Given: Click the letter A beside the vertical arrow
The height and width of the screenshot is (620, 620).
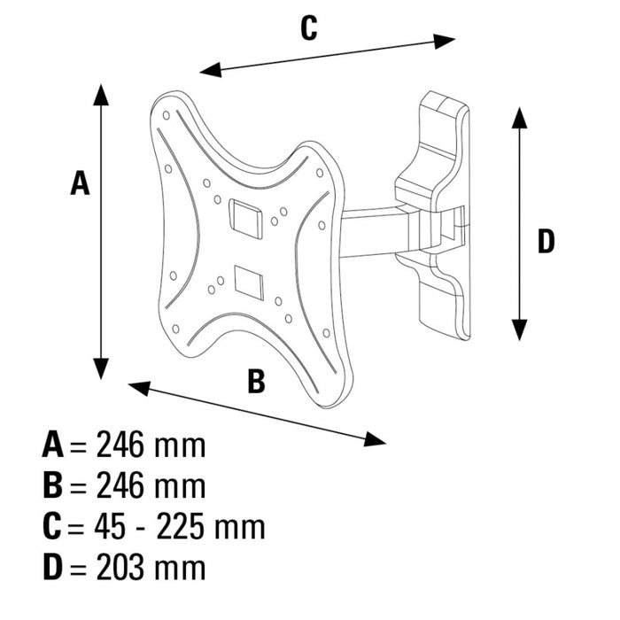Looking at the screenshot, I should [80, 183].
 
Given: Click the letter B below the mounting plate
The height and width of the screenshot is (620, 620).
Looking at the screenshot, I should [255, 382].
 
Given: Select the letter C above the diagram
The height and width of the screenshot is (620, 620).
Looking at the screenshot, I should [307, 28].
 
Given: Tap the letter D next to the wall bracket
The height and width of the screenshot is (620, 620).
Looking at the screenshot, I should [546, 241].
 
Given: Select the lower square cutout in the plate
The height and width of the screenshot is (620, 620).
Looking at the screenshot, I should [249, 281].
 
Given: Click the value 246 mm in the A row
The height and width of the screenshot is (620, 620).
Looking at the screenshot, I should [151, 445].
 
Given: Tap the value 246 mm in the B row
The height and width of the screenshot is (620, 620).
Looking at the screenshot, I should [151, 485].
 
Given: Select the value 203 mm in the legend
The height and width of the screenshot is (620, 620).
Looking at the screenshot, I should [151, 568].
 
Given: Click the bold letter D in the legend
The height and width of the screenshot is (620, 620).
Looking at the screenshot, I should [52, 568].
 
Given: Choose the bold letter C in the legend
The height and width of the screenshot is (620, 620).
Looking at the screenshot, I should [51, 527].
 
